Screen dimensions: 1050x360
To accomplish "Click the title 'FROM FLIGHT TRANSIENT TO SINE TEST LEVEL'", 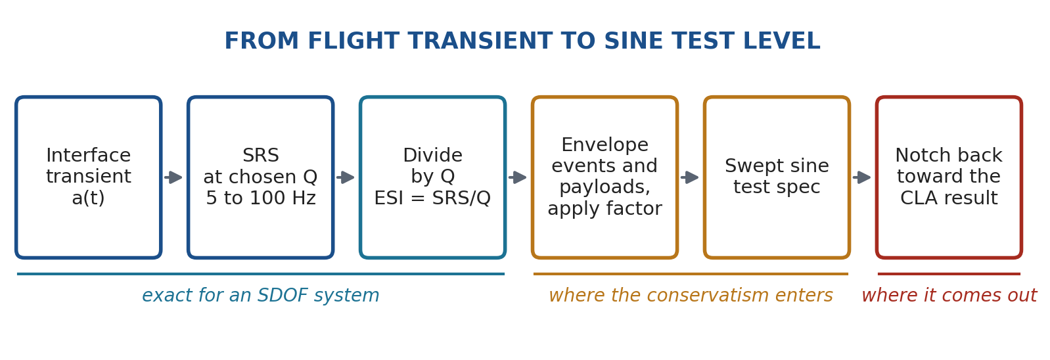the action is (x=522, y=41).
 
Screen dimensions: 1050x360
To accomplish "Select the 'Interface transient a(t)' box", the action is (x=89, y=177).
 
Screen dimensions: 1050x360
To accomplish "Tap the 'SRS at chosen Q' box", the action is (x=261, y=177).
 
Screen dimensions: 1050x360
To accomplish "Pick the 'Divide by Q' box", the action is (x=432, y=177).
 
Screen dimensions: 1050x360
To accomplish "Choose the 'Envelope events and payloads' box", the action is (x=605, y=177).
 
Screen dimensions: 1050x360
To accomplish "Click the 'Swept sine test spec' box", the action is (x=777, y=177).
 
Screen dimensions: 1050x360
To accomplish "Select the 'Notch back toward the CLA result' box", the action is (x=949, y=177).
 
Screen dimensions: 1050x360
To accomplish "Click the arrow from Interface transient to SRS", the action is (x=173, y=177).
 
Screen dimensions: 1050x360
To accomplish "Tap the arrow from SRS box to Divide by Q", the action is (x=346, y=177).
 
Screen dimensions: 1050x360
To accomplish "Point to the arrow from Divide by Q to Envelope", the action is (x=518, y=177).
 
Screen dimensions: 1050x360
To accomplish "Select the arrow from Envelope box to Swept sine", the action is (x=689, y=177).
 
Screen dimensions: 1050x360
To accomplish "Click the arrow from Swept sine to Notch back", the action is (x=861, y=177).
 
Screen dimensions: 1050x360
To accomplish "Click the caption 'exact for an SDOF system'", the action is (x=261, y=296).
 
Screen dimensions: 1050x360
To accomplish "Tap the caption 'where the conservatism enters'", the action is (x=691, y=296).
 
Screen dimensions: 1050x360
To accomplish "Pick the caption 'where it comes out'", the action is (x=949, y=296).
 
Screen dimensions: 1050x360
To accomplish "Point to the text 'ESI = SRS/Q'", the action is (x=432, y=198).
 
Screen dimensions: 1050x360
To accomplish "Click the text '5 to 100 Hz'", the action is (x=261, y=198).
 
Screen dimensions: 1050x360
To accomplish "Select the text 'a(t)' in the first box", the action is (x=89, y=198).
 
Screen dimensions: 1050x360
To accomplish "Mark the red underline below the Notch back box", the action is (x=949, y=274).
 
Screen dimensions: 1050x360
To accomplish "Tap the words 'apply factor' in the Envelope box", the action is (x=605, y=209).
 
